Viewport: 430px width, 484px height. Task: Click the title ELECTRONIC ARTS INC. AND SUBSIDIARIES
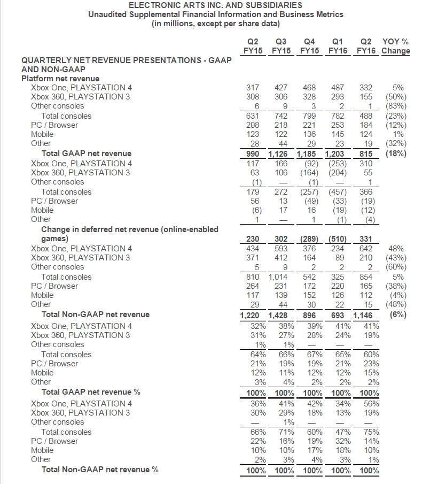pyautogui.click(x=215, y=5)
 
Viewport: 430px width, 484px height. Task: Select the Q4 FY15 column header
pyautogui.click(x=309, y=47)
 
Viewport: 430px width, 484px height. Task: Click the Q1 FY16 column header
pyautogui.click(x=337, y=47)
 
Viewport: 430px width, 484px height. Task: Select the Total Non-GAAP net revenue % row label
pyautogui.click(x=100, y=470)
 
